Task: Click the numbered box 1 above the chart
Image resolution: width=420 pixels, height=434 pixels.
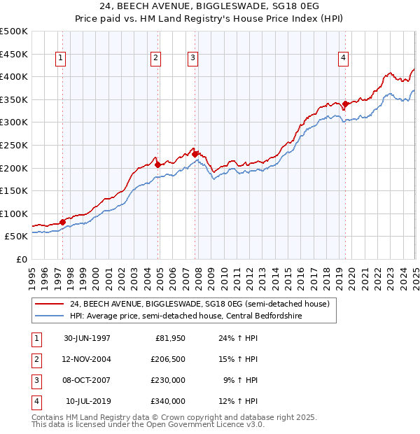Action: tap(62, 59)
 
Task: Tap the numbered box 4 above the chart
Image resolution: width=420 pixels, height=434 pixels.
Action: tap(344, 59)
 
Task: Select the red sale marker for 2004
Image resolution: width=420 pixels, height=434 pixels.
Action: tap(157, 164)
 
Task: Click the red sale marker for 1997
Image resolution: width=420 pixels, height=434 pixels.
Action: tap(62, 222)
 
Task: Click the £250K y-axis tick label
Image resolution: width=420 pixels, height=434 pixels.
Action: tap(14, 145)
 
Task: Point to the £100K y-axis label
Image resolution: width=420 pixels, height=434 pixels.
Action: tap(14, 213)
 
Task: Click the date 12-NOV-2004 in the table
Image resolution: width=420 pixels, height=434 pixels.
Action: tap(87, 359)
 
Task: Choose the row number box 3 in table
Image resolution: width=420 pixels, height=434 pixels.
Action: tap(34, 380)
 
